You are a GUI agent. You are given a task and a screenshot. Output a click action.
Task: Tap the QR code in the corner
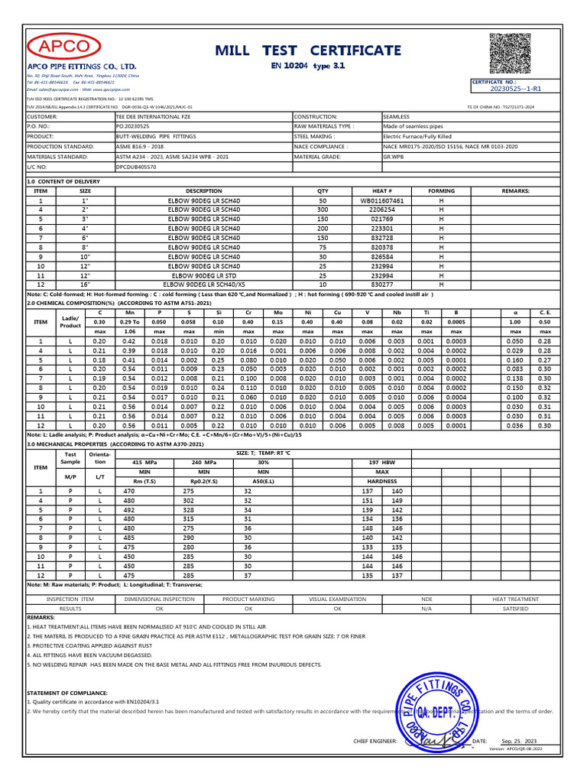512,53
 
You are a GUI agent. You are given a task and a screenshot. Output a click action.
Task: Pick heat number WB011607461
381,200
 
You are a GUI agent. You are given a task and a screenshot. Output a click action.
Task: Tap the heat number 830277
381,284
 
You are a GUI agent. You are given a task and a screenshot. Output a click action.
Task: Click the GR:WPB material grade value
393,156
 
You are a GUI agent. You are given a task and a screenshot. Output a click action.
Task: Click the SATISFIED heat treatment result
515,609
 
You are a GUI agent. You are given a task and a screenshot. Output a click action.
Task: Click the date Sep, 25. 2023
519,741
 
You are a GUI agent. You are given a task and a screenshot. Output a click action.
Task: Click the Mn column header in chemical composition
129,312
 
